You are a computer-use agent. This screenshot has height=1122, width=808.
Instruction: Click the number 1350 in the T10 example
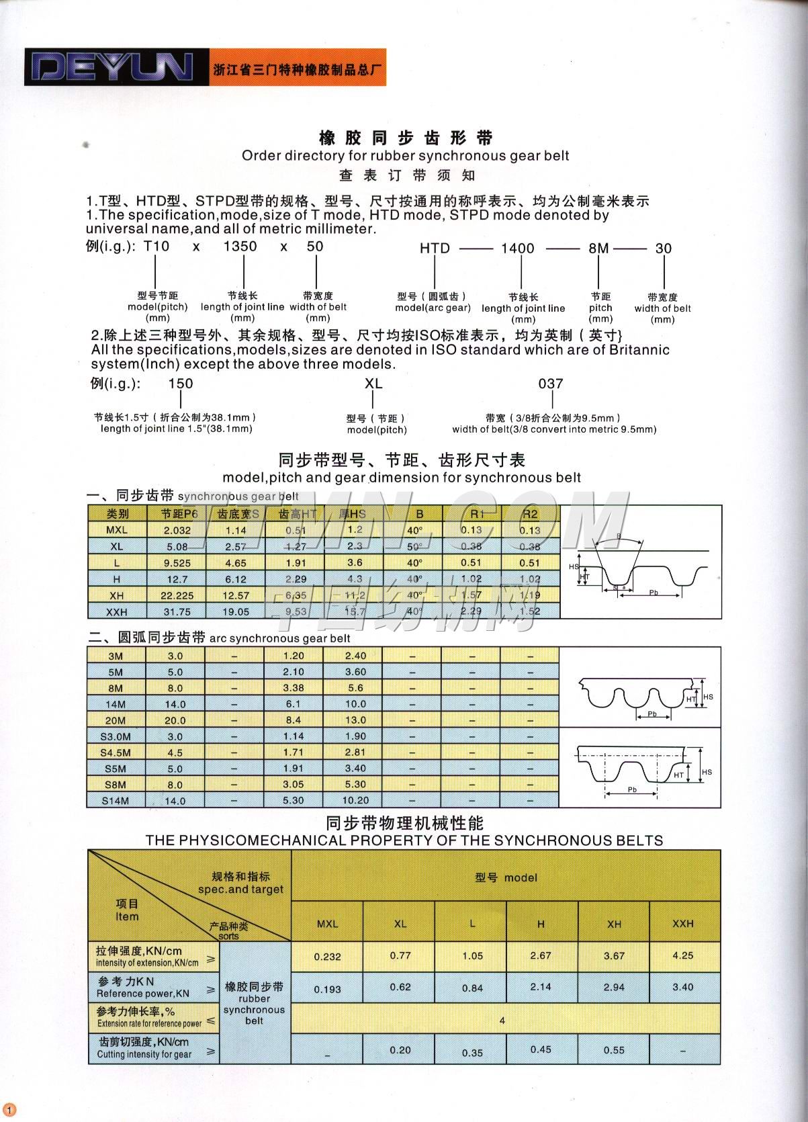click(240, 247)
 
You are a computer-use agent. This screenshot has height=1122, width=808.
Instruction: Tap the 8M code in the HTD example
click(598, 249)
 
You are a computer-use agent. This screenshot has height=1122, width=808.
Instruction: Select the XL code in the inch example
click(373, 384)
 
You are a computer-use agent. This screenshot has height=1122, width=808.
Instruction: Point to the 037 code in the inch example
click(551, 384)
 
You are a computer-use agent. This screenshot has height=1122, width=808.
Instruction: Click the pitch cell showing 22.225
click(177, 595)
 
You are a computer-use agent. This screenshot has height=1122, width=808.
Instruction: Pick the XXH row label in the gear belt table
click(117, 611)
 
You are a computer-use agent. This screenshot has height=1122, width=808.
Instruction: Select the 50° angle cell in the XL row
click(414, 547)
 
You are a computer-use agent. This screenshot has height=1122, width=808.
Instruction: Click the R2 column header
click(530, 514)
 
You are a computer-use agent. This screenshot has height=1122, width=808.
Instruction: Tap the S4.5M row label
click(116, 752)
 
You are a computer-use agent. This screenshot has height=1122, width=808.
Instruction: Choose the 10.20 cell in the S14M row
click(355, 801)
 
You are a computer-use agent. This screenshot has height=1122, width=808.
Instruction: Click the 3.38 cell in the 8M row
click(294, 688)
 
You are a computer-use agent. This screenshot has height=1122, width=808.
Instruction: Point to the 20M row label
click(116, 720)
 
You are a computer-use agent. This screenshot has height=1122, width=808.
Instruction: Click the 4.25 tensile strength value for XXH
click(683, 955)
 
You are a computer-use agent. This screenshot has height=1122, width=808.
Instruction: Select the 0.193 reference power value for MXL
click(328, 989)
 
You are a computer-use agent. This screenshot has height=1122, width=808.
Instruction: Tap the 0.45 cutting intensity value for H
click(541, 1049)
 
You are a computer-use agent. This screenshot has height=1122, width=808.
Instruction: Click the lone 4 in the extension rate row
click(502, 1021)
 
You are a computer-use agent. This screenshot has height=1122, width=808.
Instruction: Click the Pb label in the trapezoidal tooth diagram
click(653, 592)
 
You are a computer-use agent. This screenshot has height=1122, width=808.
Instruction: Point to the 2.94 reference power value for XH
click(614, 987)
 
